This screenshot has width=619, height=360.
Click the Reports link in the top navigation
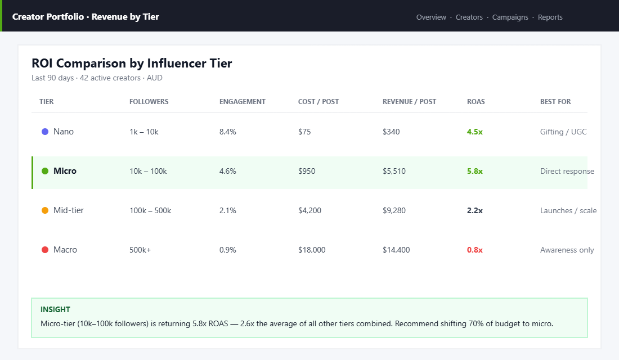(550, 17)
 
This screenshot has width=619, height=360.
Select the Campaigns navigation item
(510, 17)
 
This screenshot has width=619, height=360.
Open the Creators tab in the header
(469, 17)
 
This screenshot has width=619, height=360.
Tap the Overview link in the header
(431, 17)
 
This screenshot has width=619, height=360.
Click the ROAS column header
(476, 102)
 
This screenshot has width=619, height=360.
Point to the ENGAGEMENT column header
(242, 102)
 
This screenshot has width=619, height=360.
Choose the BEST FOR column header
(555, 102)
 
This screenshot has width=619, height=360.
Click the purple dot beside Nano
(45, 132)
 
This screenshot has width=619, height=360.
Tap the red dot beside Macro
(45, 250)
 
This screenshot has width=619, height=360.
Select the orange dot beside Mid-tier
(45, 210)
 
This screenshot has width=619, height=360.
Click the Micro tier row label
(65, 171)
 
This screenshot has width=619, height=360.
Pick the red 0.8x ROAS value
(474, 250)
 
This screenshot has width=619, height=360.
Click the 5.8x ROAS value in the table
(474, 171)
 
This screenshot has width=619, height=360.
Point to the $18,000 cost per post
(311, 250)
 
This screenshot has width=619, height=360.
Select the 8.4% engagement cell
(227, 132)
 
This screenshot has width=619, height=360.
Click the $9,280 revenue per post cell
(394, 210)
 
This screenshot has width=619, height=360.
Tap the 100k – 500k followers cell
(150, 210)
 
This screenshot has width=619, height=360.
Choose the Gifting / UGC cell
(563, 132)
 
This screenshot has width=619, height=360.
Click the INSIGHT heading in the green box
(55, 309)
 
